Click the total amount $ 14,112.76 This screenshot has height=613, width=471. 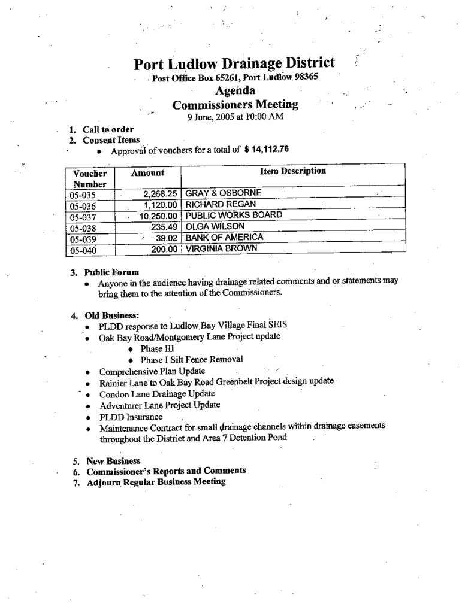[267, 150]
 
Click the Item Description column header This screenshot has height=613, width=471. [293, 171]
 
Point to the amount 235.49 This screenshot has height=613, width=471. [164, 226]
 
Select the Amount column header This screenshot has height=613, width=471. [147, 172]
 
